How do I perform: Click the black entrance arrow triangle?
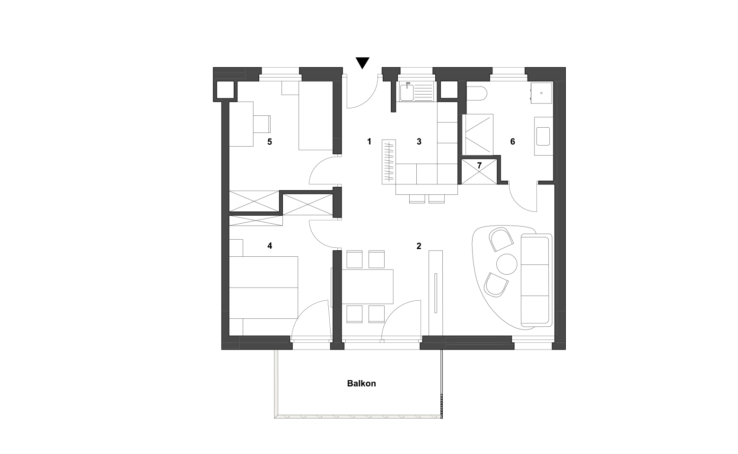pyautogui.click(x=362, y=63)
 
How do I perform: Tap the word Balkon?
pyautogui.click(x=361, y=384)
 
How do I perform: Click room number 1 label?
pyautogui.click(x=369, y=141)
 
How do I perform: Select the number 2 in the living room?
pyautogui.click(x=419, y=246)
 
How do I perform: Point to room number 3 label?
pyautogui.click(x=419, y=142)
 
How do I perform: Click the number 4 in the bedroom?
pyautogui.click(x=270, y=246)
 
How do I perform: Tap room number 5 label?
pyautogui.click(x=270, y=142)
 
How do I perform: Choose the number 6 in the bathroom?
pyautogui.click(x=513, y=142)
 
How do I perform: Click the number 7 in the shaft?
pyautogui.click(x=479, y=166)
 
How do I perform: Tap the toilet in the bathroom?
pyautogui.click(x=476, y=94)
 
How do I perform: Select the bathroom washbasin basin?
pyautogui.click(x=543, y=136)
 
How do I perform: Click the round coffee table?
pyautogui.click(x=507, y=264)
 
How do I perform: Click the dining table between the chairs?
pyautogui.click(x=368, y=286)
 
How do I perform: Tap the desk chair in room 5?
pyautogui.click(x=262, y=124)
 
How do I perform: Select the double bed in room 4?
pyautogui.click(x=264, y=287)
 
